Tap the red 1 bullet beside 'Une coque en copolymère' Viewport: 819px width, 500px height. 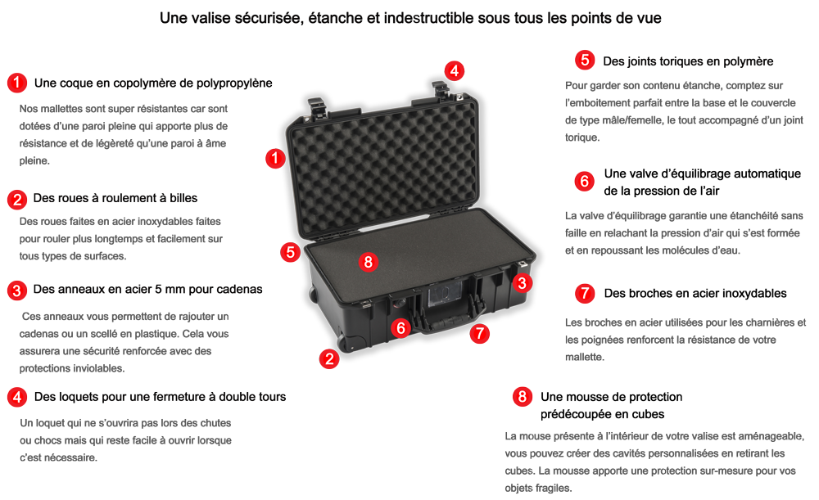tap(16, 83)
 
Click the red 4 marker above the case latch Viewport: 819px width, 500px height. tap(454, 70)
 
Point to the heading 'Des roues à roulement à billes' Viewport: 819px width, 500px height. tap(115, 198)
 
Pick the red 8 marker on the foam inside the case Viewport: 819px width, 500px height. tap(369, 262)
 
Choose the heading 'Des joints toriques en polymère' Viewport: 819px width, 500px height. tap(688, 61)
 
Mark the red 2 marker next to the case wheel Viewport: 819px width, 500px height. tap(329, 358)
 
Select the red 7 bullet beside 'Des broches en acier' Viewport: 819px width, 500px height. tap(585, 293)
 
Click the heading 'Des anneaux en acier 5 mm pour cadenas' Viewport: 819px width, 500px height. tap(147, 290)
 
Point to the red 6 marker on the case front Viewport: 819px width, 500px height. tap(400, 328)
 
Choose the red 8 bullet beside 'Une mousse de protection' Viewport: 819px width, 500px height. tap(522, 397)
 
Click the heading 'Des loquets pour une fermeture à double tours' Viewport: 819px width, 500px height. tap(160, 397)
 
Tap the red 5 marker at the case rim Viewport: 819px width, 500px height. tap(290, 252)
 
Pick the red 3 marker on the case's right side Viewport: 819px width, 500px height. tap(522, 283)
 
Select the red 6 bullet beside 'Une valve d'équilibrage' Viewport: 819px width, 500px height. tap(585, 181)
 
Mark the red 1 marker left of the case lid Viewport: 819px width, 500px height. tap(275, 158)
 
